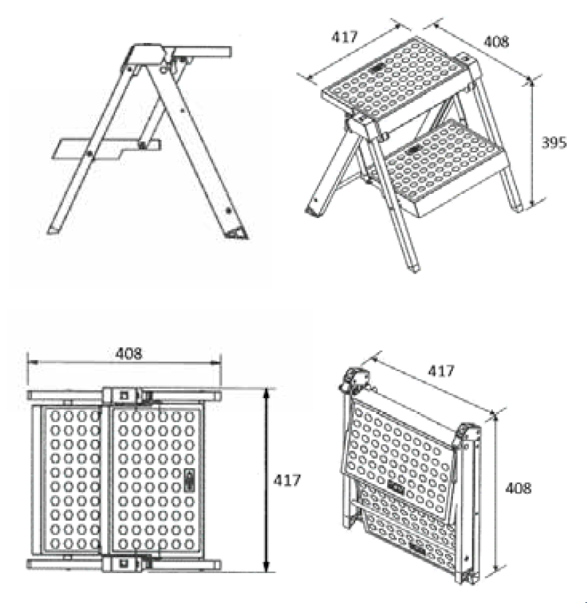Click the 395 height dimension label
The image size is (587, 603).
[x=554, y=143]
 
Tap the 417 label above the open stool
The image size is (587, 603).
[x=345, y=37]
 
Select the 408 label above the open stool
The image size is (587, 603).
[x=497, y=42]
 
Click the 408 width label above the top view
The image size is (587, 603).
[x=128, y=354]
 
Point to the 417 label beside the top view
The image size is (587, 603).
[x=287, y=481]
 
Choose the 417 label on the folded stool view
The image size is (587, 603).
[x=441, y=370]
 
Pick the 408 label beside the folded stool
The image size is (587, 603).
[x=518, y=489]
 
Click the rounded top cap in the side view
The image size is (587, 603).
[x=146, y=54]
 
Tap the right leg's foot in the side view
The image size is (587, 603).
[x=236, y=233]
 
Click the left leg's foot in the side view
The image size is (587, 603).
[x=53, y=230]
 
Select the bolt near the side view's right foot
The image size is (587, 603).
[x=228, y=211]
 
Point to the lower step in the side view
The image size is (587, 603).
[x=106, y=149]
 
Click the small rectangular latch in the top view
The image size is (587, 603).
[x=190, y=480]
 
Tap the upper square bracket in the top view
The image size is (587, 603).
[x=124, y=395]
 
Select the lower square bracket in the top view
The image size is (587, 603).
[x=124, y=564]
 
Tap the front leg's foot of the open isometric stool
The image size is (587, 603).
[x=413, y=268]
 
